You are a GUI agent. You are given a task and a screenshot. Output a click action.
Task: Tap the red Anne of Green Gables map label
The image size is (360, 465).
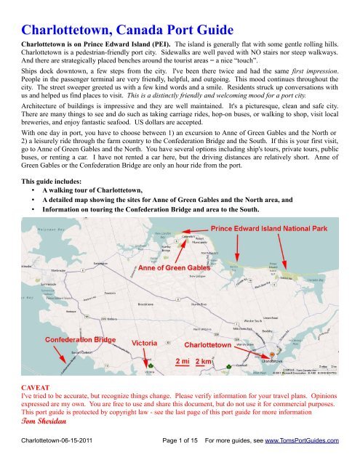[x=180, y=269]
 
